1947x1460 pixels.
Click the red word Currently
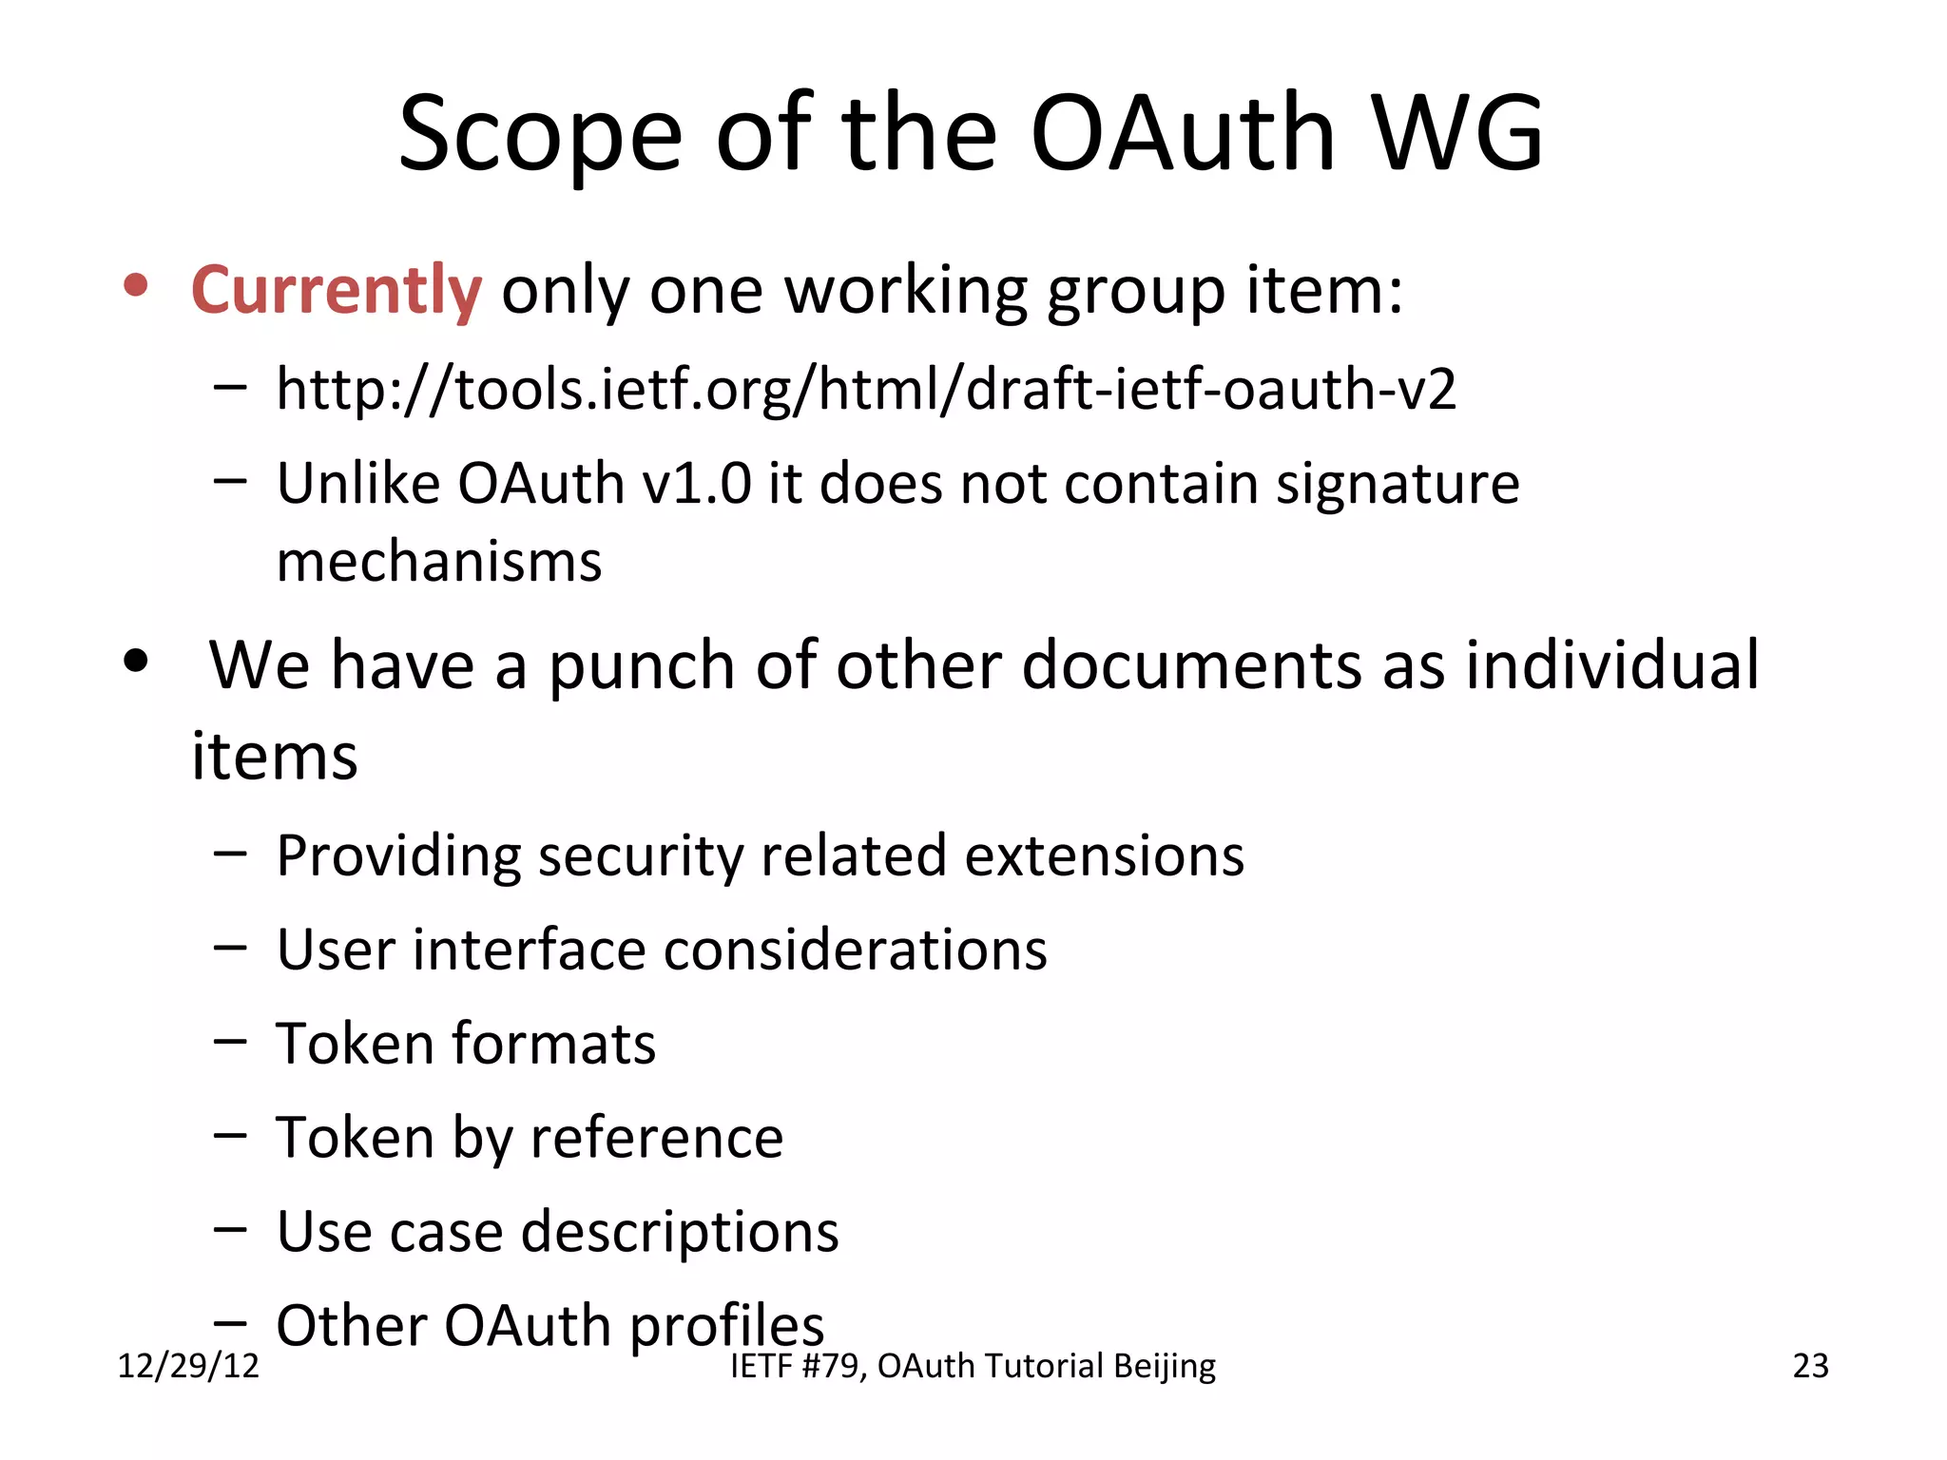point(336,290)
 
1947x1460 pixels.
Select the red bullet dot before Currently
point(137,285)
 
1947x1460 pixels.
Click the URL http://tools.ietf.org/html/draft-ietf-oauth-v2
point(865,389)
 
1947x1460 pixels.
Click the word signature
point(1398,485)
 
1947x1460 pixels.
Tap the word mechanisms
point(439,562)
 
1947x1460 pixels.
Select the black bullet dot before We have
point(137,661)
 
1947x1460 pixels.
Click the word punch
point(642,665)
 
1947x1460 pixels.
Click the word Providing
point(398,855)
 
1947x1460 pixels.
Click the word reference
point(656,1137)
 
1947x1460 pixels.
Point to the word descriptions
point(680,1232)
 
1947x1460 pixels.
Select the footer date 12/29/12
point(188,1366)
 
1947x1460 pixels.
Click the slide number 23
point(1810,1366)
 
